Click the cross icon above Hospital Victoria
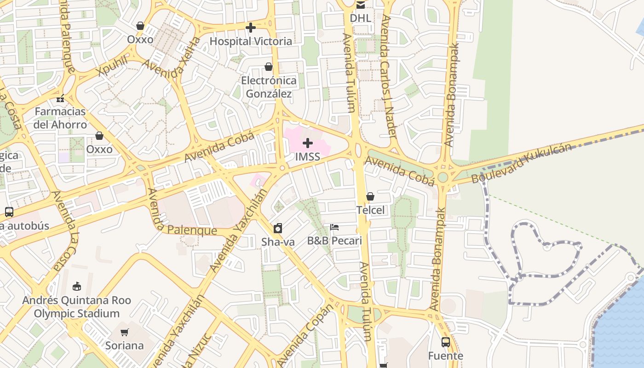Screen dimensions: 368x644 (250, 28)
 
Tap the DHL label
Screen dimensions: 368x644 (360, 18)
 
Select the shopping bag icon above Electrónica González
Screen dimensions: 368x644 (269, 67)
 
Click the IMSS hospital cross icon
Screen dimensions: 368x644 (308, 144)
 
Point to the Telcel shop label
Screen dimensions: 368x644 (370, 210)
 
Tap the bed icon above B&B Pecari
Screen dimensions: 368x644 (334, 227)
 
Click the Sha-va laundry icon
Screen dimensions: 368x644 (278, 228)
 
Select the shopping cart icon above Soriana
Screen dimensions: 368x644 (124, 332)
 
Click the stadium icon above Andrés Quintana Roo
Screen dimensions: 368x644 (76, 287)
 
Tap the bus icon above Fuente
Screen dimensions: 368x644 (445, 342)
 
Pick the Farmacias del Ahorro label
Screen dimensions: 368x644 (60, 118)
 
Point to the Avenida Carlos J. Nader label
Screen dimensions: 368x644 (389, 76)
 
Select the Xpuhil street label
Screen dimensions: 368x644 (112, 67)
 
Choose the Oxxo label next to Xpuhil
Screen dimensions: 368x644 (140, 40)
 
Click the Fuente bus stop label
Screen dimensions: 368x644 (445, 356)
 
